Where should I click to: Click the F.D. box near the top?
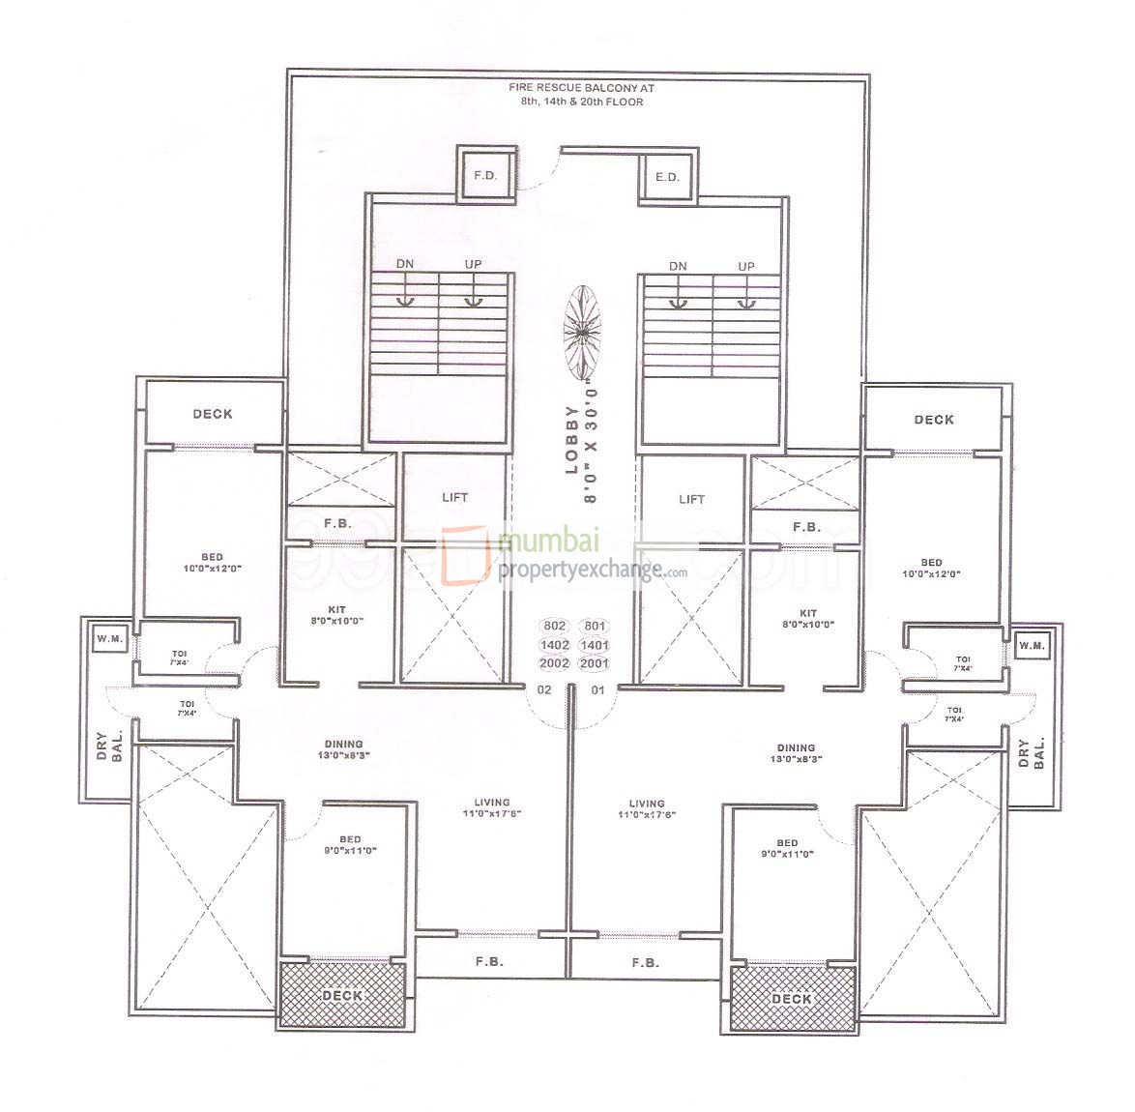click(x=483, y=176)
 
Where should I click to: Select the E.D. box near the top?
click(x=667, y=177)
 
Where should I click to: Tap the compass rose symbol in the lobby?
click(x=582, y=332)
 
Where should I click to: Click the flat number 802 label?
click(x=558, y=626)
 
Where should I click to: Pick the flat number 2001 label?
click(x=595, y=663)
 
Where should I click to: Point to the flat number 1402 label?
click(x=558, y=645)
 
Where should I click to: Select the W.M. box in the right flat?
click(x=1032, y=645)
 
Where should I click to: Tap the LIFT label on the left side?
click(x=454, y=497)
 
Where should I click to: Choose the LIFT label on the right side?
click(x=692, y=499)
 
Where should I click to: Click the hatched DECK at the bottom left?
click(x=341, y=995)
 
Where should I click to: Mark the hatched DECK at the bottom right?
click(x=793, y=998)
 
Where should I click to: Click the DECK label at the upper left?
click(x=213, y=414)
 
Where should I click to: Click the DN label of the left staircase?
click(x=405, y=265)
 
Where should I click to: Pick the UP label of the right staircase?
click(x=746, y=266)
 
